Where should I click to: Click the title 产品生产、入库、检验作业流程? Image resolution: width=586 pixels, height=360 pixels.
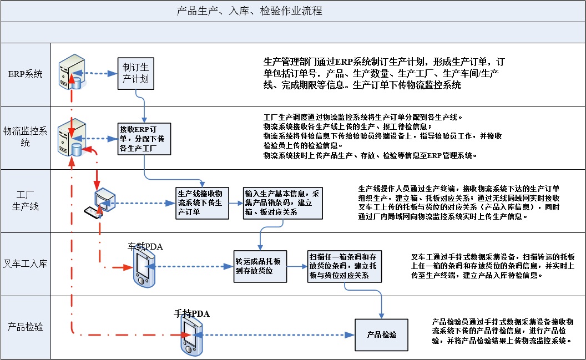pos(249,11)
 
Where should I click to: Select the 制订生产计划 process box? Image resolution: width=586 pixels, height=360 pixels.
pos(136,73)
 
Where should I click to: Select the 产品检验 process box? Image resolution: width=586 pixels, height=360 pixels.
pos(381,334)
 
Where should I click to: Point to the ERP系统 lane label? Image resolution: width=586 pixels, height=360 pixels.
pos(25,74)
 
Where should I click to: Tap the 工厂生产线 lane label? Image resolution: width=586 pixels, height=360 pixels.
pos(25,201)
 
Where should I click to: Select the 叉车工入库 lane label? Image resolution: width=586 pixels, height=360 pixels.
pos(25,263)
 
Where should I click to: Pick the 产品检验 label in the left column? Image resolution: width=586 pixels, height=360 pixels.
pos(25,327)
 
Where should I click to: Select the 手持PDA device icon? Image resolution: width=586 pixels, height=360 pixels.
pos(191,337)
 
